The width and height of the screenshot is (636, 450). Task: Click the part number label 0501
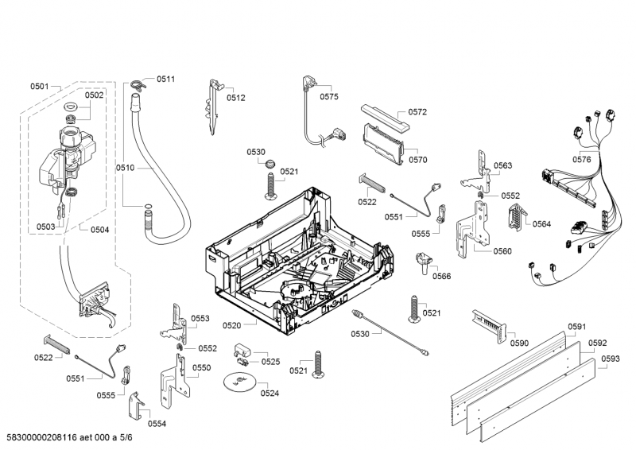40,86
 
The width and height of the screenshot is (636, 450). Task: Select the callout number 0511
165,79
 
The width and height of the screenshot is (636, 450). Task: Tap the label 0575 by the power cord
329,96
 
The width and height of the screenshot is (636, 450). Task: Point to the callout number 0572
418,112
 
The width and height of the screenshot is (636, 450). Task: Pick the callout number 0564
541,223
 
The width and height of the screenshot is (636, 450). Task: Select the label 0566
442,276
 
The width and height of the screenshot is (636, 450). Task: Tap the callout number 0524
270,393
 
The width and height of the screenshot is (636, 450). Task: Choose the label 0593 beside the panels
611,359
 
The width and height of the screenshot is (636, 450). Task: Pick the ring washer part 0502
69,109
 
